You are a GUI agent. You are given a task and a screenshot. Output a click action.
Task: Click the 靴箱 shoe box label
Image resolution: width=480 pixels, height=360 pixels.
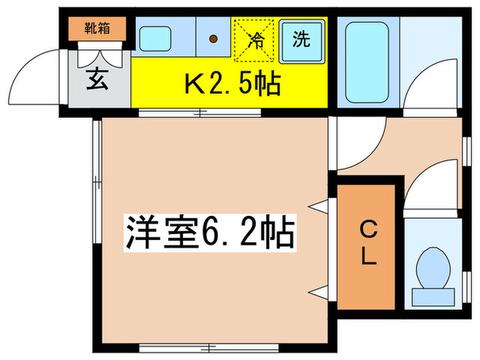tap(97, 29)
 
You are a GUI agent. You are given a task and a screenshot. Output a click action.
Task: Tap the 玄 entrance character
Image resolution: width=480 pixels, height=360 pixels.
tap(97, 81)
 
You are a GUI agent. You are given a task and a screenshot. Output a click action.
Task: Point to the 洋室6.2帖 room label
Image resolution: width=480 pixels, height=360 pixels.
tap(209, 233)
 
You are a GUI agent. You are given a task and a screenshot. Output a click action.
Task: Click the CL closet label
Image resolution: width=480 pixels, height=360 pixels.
tap(368, 243)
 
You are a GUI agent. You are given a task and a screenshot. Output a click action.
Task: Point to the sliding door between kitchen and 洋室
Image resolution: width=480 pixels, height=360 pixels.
tap(199, 112)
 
